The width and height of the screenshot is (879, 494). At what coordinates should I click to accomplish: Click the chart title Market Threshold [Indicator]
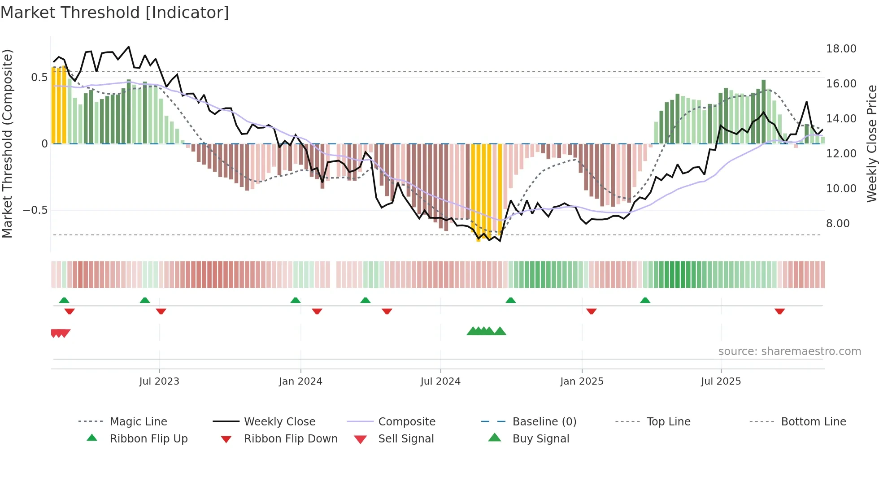coord(115,13)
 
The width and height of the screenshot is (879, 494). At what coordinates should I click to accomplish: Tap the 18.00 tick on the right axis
coord(841,49)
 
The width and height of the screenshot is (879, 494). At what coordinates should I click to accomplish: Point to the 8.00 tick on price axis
coord(837,224)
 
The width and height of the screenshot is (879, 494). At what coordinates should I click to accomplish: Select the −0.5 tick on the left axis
coord(35,210)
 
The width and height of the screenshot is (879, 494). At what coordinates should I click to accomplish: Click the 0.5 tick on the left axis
coord(39,78)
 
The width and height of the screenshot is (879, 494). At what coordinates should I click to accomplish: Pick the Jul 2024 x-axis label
coord(440,381)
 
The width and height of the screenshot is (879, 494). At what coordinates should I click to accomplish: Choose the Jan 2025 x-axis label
coord(581,381)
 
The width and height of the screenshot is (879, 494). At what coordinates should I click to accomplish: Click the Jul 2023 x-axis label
coord(159,381)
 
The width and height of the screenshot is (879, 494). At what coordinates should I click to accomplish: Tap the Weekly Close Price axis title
coord(871,143)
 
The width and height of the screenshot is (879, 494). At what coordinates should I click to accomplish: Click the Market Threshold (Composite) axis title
coord(7,143)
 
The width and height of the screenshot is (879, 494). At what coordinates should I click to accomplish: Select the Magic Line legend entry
coord(138,422)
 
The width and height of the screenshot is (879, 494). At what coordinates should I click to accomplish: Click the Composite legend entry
coord(406,422)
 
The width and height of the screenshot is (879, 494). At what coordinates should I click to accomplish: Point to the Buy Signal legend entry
coord(540,439)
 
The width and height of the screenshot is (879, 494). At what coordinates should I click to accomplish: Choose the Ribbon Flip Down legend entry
coord(290,439)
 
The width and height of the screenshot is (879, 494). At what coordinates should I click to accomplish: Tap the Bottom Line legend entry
coord(813,422)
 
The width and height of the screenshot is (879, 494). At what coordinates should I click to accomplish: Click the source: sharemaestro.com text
coord(789,351)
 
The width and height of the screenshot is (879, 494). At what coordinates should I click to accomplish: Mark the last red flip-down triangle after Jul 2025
coord(779,311)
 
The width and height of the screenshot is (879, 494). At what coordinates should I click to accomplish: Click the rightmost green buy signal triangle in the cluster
coord(500,331)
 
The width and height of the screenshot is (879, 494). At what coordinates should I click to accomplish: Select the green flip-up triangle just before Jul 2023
coord(144,300)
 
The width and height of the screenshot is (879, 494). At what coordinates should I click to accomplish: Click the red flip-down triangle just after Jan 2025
coord(591,311)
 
